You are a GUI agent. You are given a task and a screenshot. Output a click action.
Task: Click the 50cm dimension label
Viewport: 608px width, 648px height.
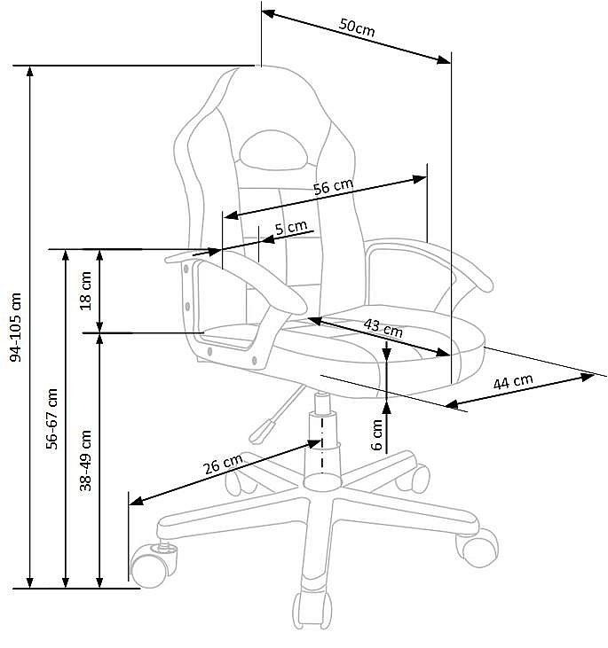click(x=357, y=27)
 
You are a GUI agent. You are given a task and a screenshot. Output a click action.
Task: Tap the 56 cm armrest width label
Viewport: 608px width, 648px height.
click(x=333, y=186)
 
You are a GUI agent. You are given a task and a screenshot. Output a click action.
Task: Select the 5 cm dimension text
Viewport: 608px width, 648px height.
click(x=291, y=227)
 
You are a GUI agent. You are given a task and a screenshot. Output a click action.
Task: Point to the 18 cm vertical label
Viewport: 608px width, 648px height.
click(x=86, y=291)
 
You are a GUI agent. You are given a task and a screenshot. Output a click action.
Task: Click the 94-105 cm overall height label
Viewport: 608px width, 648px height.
click(x=16, y=327)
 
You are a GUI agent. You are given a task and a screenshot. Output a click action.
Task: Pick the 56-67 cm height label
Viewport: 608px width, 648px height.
click(x=51, y=418)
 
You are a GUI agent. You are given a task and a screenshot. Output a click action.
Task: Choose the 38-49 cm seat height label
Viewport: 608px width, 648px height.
click(x=86, y=460)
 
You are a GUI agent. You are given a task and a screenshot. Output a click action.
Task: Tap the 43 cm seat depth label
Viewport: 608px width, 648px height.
click(x=383, y=328)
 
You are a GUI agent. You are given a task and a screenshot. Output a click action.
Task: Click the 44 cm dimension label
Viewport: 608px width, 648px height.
click(x=513, y=381)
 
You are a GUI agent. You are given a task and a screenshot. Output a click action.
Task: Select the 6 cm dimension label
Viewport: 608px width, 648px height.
click(x=376, y=434)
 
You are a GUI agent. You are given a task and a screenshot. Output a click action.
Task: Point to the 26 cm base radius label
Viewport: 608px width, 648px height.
click(x=223, y=464)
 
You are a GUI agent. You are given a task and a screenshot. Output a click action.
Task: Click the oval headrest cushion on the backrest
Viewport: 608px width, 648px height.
click(x=273, y=150)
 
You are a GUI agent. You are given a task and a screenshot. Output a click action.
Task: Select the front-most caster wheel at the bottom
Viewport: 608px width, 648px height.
click(x=312, y=611)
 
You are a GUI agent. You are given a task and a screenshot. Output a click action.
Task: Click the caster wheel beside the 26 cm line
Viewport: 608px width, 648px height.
click(x=153, y=565)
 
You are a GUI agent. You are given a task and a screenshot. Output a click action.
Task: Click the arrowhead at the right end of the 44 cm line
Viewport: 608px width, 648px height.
click(x=588, y=377)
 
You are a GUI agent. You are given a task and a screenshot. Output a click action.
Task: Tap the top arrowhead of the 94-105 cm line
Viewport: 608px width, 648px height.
click(x=29, y=72)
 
